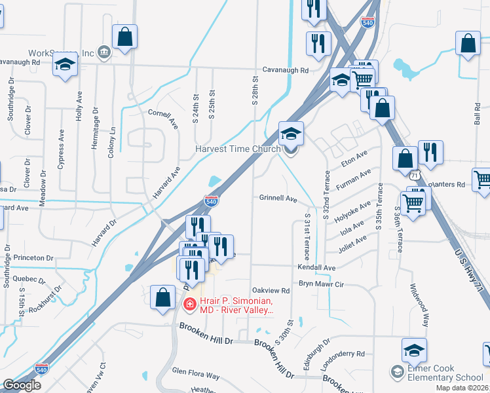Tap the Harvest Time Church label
pyautogui.click(x=238, y=149)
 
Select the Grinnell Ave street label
pyautogui.click(x=278, y=198)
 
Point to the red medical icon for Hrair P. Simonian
pyautogui.click(x=189, y=304)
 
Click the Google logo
pyautogui.click(x=22, y=385)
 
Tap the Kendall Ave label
pyautogui.click(x=316, y=268)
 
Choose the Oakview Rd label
pyautogui.click(x=271, y=290)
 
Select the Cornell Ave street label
pyautogui.click(x=164, y=117)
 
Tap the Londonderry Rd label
pyautogui.click(x=343, y=362)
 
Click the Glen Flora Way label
pyautogui.click(x=196, y=375)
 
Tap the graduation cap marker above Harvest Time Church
pyautogui.click(x=291, y=134)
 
